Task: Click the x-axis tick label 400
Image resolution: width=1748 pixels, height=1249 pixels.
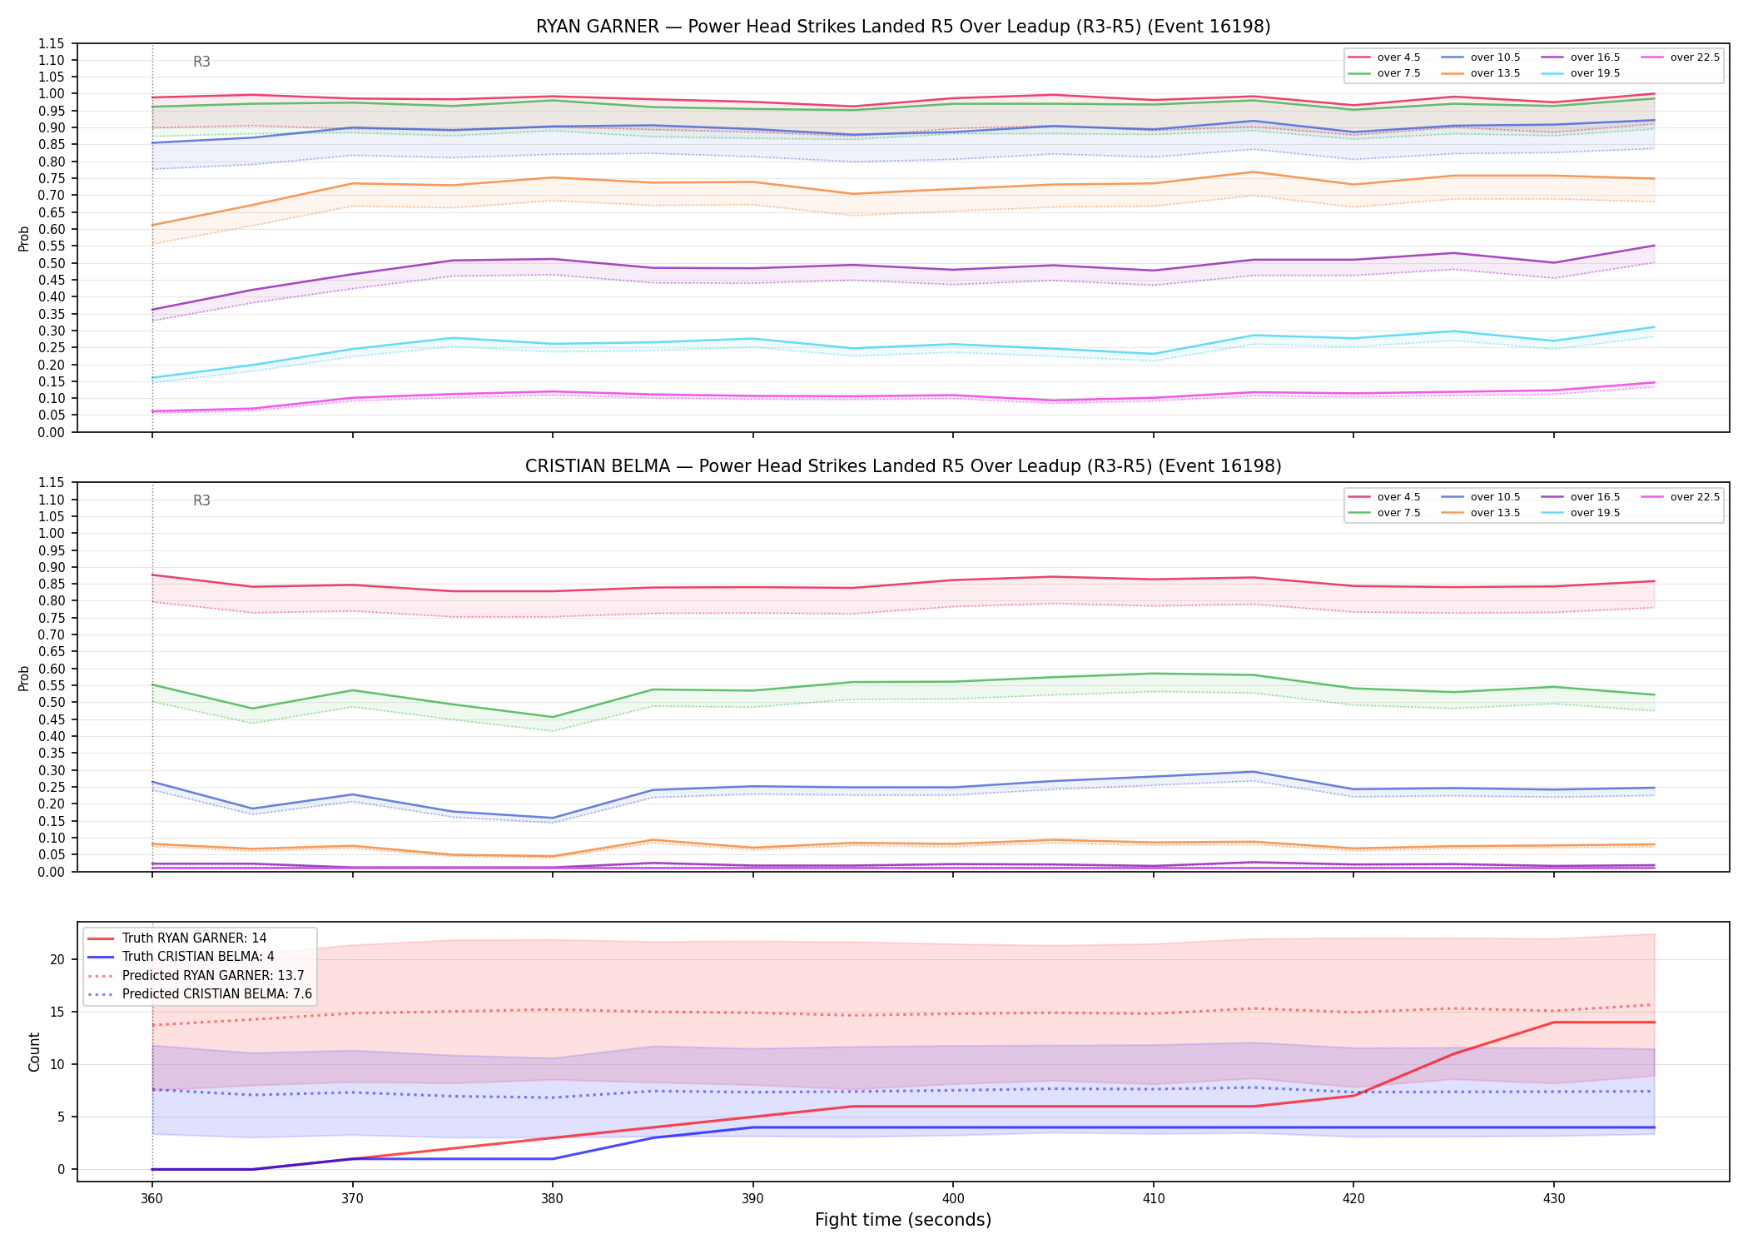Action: [x=953, y=1199]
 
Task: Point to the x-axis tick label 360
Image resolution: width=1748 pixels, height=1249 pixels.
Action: [x=151, y=1199]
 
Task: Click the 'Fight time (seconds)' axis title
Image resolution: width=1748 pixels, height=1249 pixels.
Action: [x=903, y=1220]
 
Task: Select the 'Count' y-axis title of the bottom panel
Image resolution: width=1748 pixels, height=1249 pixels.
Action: [x=34, y=1052]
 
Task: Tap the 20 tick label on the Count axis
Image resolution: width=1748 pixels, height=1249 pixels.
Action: [x=57, y=959]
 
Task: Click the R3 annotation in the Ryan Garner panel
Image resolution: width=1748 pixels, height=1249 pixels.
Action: [x=201, y=62]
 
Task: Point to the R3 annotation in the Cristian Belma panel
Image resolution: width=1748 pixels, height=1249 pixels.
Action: [x=201, y=500]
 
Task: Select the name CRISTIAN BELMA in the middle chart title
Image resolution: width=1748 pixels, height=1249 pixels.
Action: [x=598, y=466]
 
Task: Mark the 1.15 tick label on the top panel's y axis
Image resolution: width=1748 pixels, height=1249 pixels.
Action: [x=54, y=43]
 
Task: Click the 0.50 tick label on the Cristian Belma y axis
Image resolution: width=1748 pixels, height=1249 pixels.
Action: [x=54, y=702]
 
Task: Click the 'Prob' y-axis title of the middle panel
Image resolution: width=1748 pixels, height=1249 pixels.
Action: [x=24, y=678]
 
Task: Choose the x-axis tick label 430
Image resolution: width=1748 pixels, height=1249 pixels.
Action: [x=1554, y=1199]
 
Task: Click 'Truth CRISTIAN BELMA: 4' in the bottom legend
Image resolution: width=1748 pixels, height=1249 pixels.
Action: [x=198, y=957]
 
